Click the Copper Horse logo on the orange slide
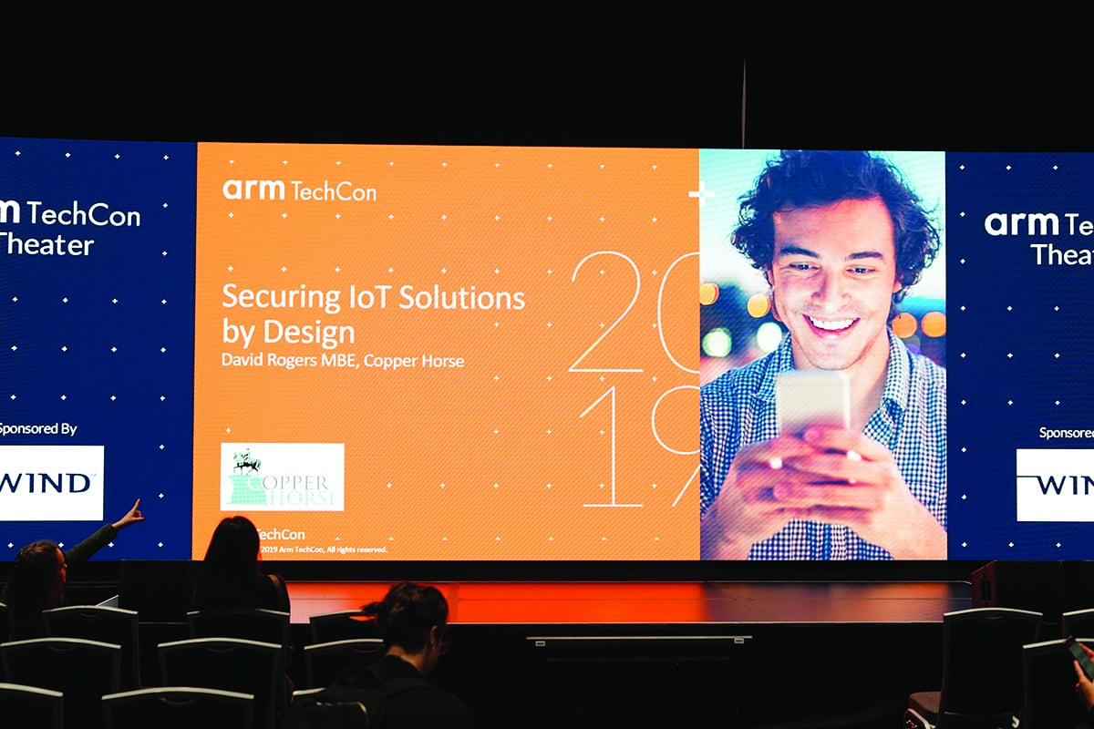282,477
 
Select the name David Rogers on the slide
268,360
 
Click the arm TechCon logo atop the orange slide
299,190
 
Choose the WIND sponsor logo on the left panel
50,482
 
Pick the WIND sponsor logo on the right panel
1056,484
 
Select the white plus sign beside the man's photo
700,194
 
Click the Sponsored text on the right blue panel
1065,432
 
